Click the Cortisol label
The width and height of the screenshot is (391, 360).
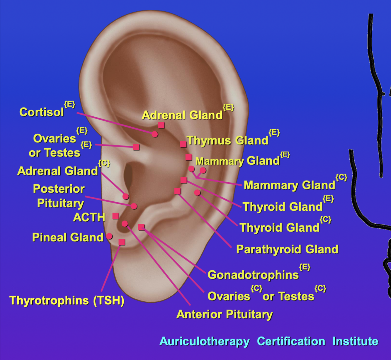coord(41,112)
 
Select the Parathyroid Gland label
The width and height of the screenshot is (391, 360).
coord(287,249)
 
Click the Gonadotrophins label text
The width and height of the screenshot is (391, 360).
coord(253,275)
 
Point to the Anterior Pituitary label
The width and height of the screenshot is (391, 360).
coord(225,315)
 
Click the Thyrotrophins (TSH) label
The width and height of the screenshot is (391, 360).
coord(67,300)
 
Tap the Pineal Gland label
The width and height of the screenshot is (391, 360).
coord(68,237)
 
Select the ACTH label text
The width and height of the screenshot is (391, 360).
coord(89,218)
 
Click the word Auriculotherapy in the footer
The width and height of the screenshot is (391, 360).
coord(205,342)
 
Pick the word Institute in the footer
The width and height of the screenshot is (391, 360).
coord(355,342)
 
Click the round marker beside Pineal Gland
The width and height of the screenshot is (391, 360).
coord(109,236)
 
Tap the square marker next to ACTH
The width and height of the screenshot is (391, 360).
coord(116,216)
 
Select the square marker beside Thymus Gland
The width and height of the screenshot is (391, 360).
coord(183,144)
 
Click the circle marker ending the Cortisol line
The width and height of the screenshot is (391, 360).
coord(155,134)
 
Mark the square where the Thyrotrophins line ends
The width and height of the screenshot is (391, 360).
coord(122,242)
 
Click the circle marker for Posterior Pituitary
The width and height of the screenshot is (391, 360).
coord(134,206)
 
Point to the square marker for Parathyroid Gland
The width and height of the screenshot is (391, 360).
coord(177,191)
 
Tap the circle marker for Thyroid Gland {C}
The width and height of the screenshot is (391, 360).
coord(197,193)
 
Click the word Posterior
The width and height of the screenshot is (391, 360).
coord(59,189)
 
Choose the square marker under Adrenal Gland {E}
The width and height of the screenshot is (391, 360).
coord(161,125)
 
